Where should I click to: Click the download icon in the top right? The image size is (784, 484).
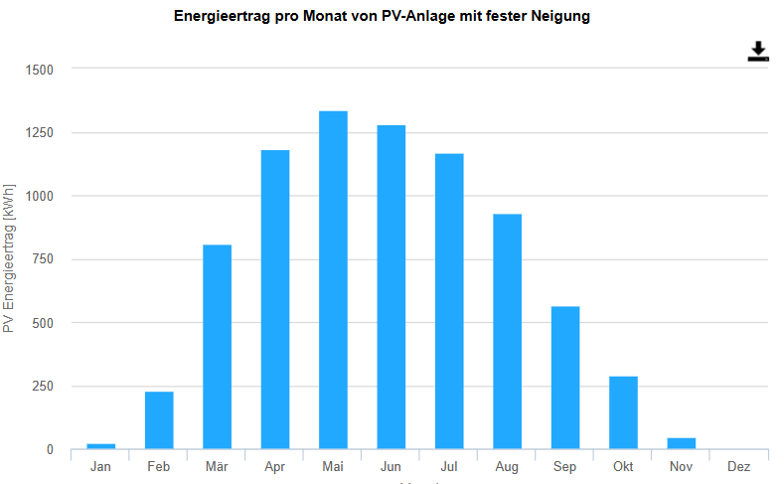(x=758, y=52)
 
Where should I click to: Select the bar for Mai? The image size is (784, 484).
(x=333, y=280)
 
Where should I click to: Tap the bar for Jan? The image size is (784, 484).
(x=100, y=446)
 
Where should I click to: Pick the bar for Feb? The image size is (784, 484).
(x=159, y=420)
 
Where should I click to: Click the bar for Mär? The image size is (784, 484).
(x=217, y=347)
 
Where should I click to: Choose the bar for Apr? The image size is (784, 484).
(x=275, y=299)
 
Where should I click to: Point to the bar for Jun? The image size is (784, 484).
(x=392, y=287)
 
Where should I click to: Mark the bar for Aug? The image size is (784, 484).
(x=508, y=332)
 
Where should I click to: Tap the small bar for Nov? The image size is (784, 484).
(x=682, y=443)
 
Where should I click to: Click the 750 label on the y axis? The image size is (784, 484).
(x=43, y=259)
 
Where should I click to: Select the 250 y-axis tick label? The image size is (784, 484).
(x=43, y=387)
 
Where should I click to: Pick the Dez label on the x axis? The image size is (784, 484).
(x=739, y=466)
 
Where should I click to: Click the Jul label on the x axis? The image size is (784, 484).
(x=449, y=466)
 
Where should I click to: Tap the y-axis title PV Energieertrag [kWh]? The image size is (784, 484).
(x=9, y=258)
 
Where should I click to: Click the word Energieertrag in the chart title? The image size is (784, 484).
(x=222, y=17)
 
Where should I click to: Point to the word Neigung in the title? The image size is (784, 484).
(x=560, y=17)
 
